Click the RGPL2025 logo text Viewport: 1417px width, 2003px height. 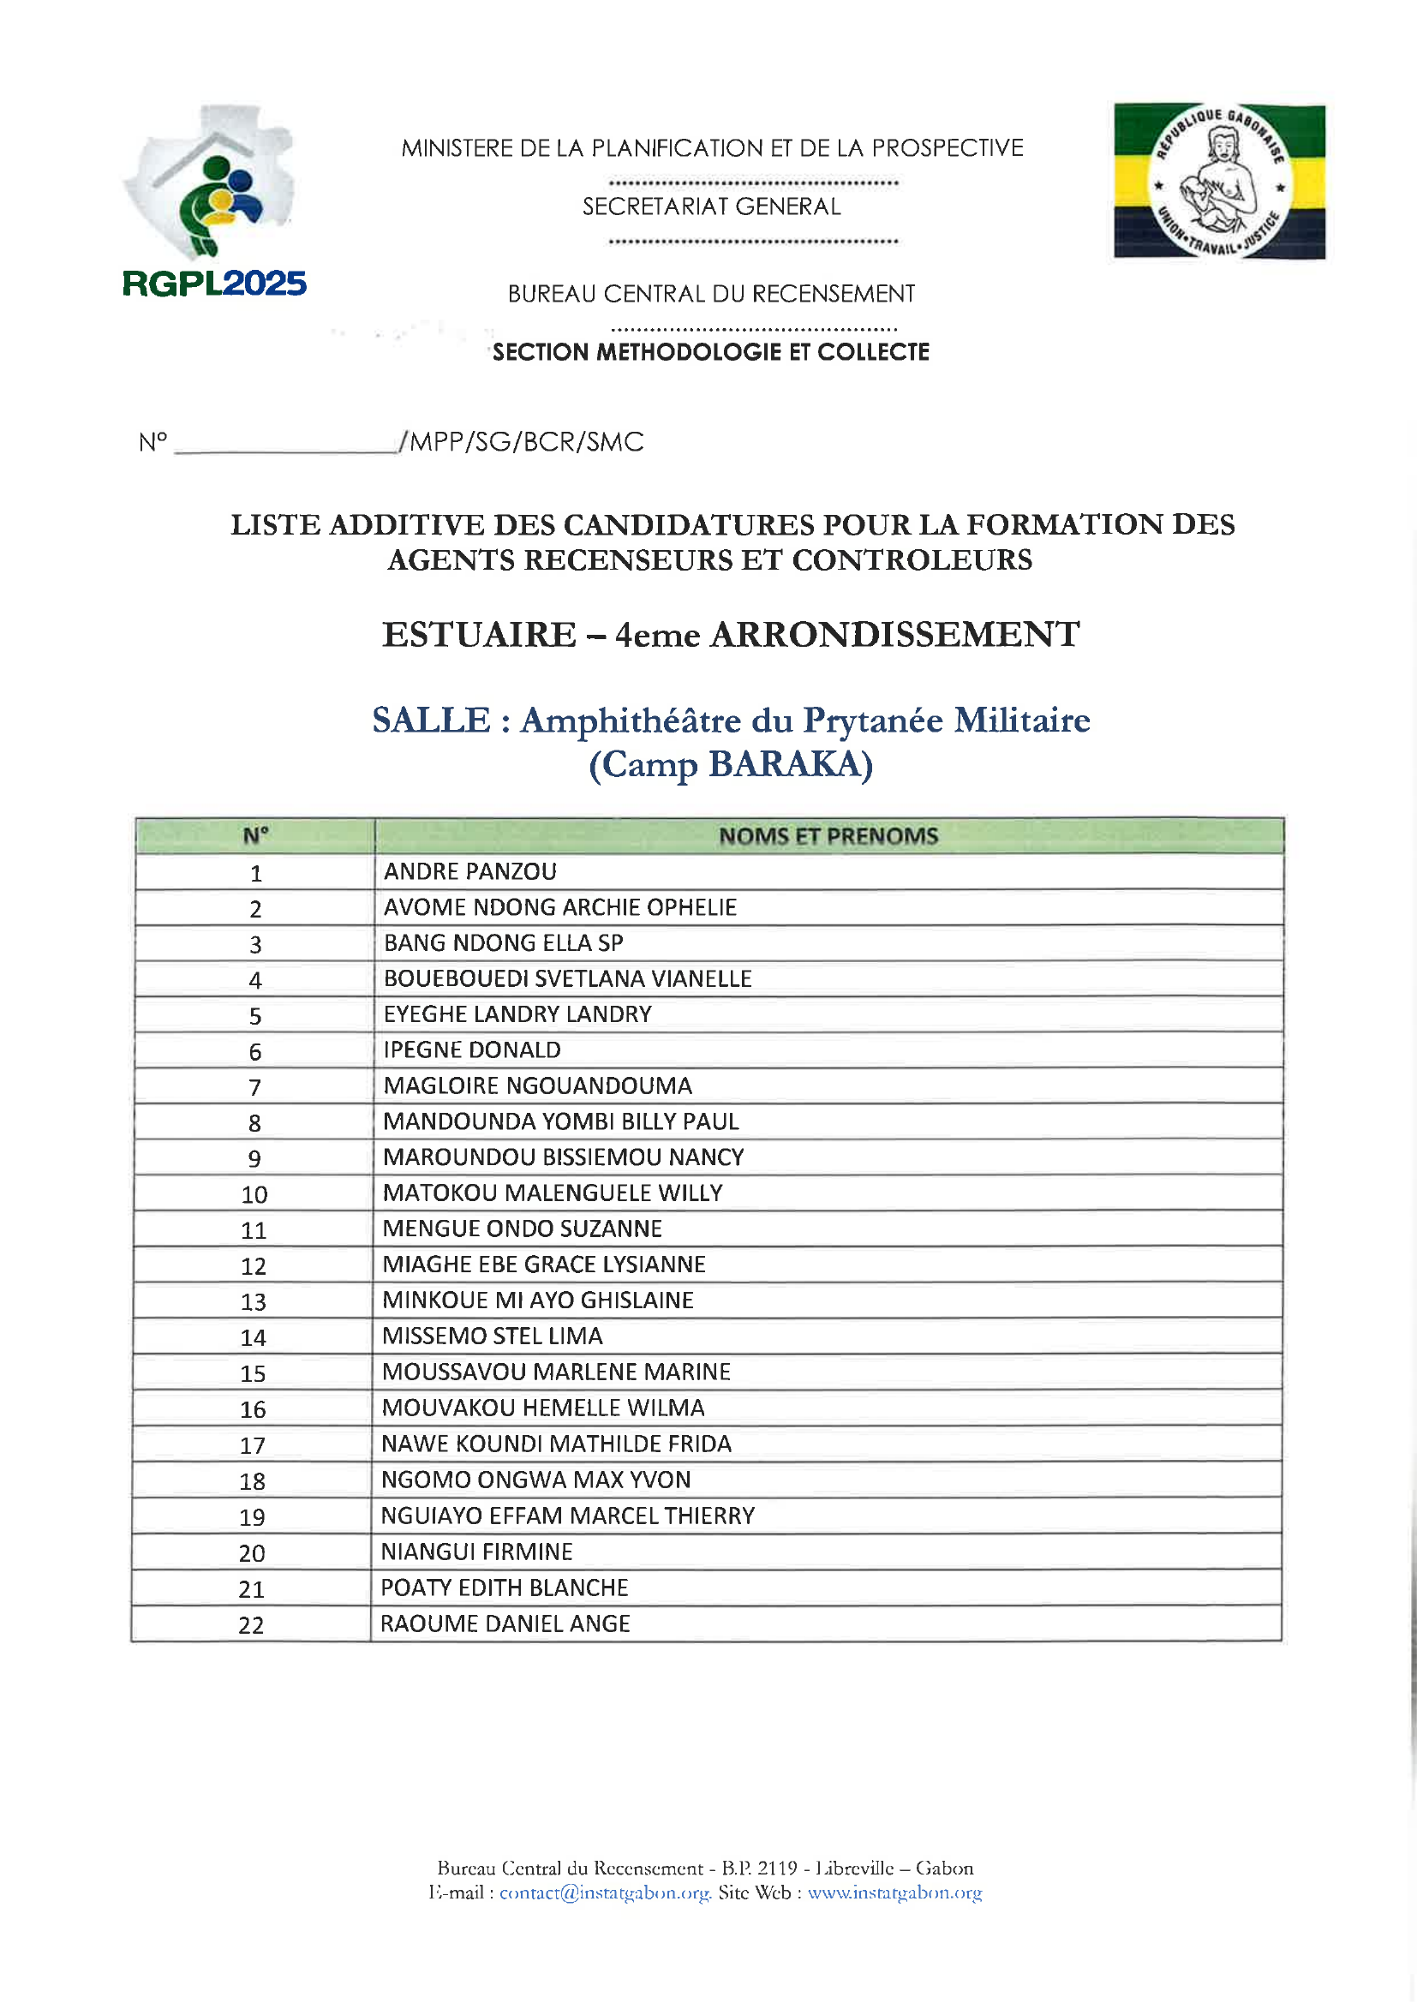click(x=215, y=284)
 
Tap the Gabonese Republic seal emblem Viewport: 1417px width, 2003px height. click(x=1219, y=182)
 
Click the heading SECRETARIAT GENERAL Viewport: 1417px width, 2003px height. click(x=711, y=206)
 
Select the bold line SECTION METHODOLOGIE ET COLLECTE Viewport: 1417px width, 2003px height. click(x=711, y=352)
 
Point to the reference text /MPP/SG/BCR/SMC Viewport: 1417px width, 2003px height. click(x=522, y=442)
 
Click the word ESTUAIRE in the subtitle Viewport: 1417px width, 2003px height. click(x=479, y=635)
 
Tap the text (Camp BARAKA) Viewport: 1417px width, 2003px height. click(x=731, y=765)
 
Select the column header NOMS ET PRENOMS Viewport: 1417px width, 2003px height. click(x=828, y=837)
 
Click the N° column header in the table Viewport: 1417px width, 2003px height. click(x=255, y=837)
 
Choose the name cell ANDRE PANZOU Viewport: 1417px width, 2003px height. click(x=470, y=871)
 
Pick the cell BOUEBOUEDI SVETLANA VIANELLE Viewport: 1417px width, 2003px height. click(x=567, y=979)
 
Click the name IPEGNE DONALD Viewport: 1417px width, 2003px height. click(x=472, y=1050)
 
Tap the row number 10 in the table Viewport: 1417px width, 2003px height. click(x=254, y=1194)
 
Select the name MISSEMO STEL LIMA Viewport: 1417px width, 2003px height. click(x=492, y=1336)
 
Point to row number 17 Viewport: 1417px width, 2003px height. click(x=253, y=1445)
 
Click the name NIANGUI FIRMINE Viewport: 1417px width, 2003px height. click(x=476, y=1552)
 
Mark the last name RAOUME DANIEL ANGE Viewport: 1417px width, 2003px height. click(x=505, y=1623)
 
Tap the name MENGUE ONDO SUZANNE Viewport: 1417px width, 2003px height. click(x=522, y=1229)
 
